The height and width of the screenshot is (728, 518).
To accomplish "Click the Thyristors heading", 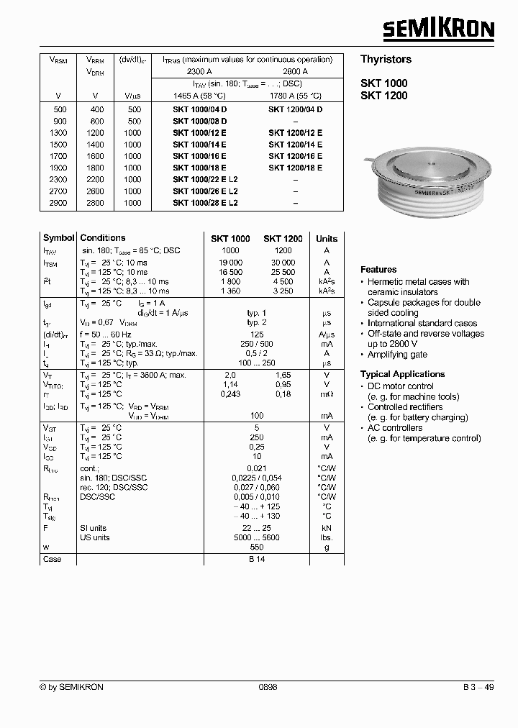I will (386, 60).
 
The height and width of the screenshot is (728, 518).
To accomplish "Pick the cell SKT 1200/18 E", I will (295, 168).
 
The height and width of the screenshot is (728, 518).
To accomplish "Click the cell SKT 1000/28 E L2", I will (205, 203).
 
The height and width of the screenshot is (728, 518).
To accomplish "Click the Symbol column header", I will (58, 238).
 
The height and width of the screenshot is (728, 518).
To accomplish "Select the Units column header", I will (327, 239).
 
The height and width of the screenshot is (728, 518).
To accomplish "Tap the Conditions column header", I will (103, 238).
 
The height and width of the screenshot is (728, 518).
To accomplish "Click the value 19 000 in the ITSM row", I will (230, 263).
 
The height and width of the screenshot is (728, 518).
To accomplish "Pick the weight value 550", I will (256, 547).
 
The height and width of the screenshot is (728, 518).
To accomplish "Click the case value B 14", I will (256, 560).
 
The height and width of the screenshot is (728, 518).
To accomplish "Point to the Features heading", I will (378, 270).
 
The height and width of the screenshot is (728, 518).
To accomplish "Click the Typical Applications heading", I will (402, 374).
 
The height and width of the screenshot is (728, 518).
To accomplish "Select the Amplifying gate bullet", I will (397, 355).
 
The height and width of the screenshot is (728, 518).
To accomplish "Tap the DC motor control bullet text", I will (401, 386).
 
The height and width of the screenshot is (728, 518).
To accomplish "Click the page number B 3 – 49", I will (478, 687).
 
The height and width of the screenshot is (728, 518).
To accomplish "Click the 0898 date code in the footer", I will (268, 687).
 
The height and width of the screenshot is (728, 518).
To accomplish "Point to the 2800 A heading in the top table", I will (295, 72).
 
